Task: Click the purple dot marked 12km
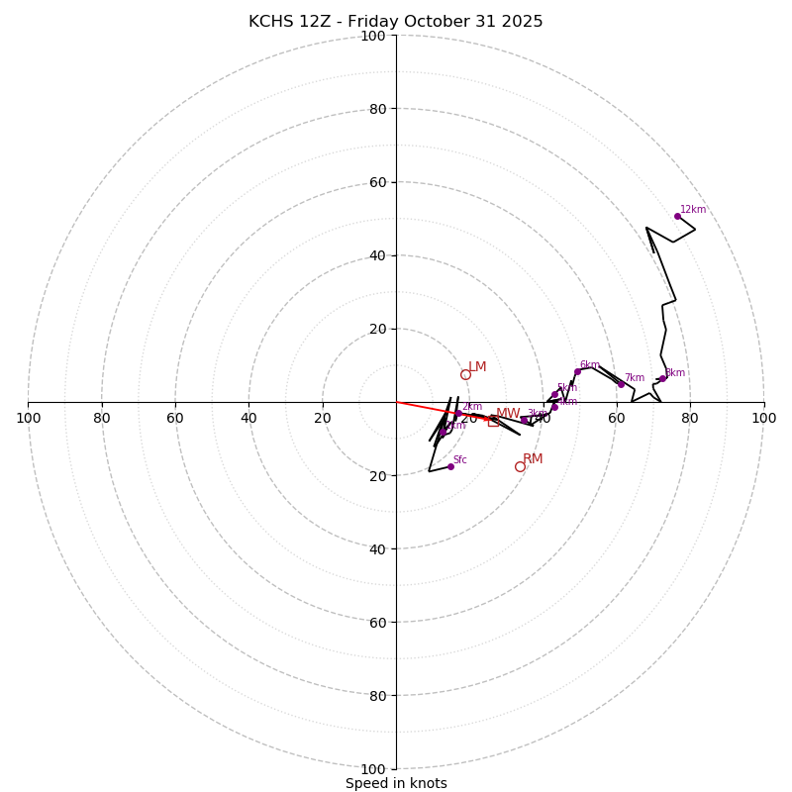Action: coord(677,216)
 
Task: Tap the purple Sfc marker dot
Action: coord(450,466)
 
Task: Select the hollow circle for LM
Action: coord(465,374)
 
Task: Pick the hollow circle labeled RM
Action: coord(520,466)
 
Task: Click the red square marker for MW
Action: coord(493,422)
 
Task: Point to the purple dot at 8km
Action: coord(662,378)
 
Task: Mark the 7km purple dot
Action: coord(621,384)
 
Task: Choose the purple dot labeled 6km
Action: coord(577,372)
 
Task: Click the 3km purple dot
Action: coord(524,420)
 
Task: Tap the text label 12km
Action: coord(693,209)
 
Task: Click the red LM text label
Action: coord(477,366)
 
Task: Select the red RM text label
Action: coord(533,458)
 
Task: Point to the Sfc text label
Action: coord(459,459)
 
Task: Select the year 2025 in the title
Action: coord(521,22)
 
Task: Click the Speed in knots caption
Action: coord(396,783)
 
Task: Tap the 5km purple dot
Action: coord(554,394)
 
